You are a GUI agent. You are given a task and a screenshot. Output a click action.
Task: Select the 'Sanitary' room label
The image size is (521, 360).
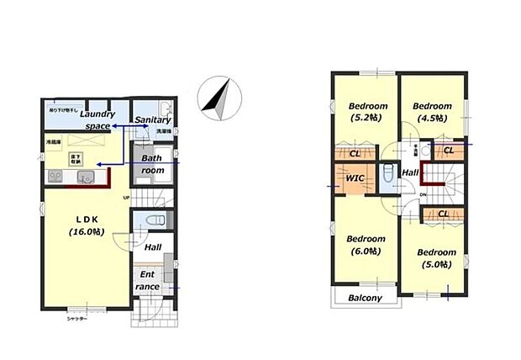coord(152,120)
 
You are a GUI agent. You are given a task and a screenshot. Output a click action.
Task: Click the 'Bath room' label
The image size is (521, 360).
coord(152,163)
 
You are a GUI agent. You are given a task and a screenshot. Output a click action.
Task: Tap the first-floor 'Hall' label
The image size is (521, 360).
coord(152,248)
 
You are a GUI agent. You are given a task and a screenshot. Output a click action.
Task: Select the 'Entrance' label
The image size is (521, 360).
coord(147,280)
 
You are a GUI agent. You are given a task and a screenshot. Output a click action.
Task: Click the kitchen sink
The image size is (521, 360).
coord(87,177)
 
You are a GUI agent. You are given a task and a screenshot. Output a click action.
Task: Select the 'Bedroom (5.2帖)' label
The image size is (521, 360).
coord(367,112)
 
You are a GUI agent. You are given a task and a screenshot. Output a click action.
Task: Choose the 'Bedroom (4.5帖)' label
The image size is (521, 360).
coord(432,112)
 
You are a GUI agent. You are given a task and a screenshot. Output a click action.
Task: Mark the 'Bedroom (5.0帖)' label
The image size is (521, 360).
coord(436,258)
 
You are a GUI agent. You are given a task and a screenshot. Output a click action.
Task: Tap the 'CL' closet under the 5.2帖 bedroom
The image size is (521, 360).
coord(355,154)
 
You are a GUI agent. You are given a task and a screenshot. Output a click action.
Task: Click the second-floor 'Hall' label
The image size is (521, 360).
coord(409,172)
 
